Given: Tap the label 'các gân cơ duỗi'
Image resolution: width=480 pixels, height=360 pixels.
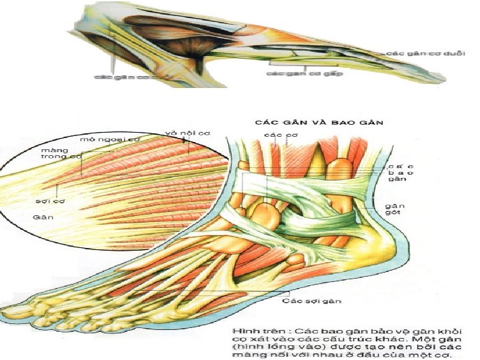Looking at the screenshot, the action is pyautogui.click(x=417, y=53).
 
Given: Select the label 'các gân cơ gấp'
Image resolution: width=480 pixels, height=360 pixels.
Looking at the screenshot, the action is pyautogui.click(x=305, y=73).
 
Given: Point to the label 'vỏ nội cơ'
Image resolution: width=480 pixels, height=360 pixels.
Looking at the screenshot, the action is pyautogui.click(x=187, y=133).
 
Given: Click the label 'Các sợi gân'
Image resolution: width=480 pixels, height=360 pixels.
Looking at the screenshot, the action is pyautogui.click(x=311, y=301).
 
